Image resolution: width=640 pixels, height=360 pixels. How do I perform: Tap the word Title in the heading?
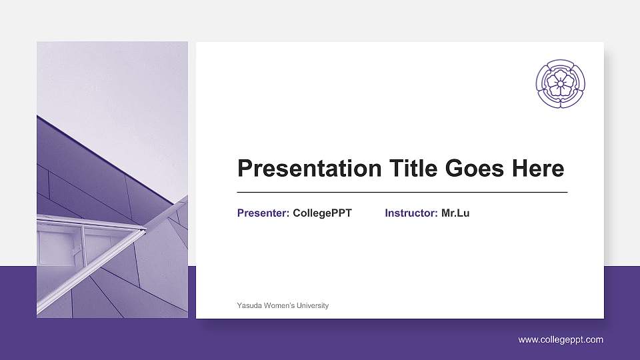414,169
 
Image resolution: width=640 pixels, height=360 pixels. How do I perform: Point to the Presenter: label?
263,213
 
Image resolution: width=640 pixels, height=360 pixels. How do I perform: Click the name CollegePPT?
322,213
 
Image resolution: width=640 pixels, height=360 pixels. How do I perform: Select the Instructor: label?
411,213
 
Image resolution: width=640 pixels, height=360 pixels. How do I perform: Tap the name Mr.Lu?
455,213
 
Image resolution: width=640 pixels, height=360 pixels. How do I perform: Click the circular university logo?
561,83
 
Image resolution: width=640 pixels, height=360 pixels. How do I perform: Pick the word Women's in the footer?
281,305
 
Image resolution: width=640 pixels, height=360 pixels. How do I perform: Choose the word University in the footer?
313,305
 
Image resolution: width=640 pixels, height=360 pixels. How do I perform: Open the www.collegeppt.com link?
561,340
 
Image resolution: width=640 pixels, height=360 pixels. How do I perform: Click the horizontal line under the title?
402,192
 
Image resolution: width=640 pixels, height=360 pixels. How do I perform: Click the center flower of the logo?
561,83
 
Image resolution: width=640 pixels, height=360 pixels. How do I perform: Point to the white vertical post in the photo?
83,243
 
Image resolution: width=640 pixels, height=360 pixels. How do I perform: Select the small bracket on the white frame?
75,251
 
